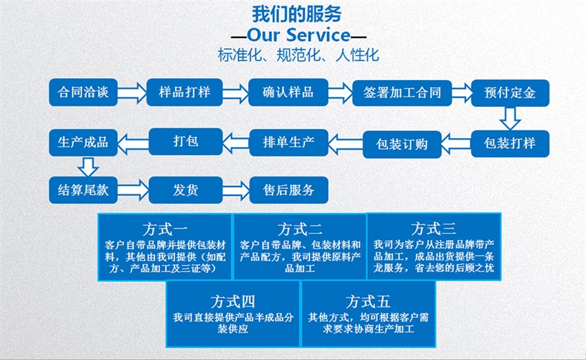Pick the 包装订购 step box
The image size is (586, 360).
(402, 143)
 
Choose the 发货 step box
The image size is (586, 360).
(184, 190)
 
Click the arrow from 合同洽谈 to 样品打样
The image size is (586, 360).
(132, 92)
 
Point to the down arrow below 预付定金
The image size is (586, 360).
(510, 118)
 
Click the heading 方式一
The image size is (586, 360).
(165, 228)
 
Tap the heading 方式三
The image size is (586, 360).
(433, 228)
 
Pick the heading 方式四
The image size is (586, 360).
(233, 301)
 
